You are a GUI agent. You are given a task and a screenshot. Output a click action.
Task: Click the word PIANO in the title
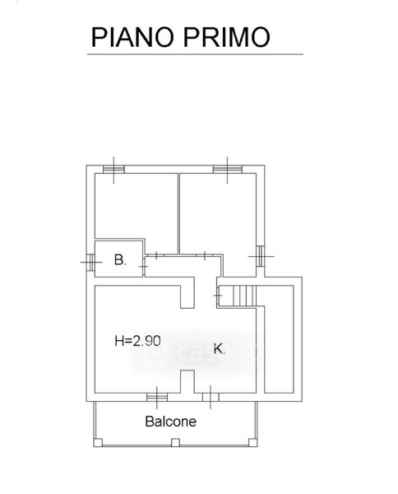[132, 37]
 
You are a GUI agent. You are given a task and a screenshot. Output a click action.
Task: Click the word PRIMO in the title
[226, 37]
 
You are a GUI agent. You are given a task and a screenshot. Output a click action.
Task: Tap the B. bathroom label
[120, 260]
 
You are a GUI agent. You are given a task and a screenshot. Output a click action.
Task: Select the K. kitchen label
[220, 349]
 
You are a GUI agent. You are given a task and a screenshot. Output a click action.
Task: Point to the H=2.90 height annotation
[138, 341]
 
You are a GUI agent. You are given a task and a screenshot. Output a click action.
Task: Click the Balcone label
[171, 422]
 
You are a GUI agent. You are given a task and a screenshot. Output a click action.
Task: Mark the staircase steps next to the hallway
[243, 296]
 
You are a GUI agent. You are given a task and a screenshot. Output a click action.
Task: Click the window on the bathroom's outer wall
[90, 262]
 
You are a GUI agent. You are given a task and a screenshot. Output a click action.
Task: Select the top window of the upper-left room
[113, 170]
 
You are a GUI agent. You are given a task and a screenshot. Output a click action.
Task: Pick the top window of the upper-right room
[228, 170]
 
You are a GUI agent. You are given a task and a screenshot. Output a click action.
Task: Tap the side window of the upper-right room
[261, 256]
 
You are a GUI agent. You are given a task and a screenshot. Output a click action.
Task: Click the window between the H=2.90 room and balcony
[157, 398]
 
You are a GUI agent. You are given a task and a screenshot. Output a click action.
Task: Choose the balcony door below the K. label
[211, 398]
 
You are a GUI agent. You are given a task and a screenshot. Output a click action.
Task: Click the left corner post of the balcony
[98, 443]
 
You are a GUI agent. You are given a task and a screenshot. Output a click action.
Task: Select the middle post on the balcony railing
[175, 443]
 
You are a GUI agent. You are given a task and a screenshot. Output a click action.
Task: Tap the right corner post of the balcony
[253, 443]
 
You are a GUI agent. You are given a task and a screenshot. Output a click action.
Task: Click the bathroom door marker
[144, 267]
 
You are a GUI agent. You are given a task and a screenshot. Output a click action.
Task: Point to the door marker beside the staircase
[217, 296]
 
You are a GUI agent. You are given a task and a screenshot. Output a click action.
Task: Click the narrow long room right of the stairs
[279, 339]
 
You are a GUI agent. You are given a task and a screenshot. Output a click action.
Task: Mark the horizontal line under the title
[195, 54]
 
